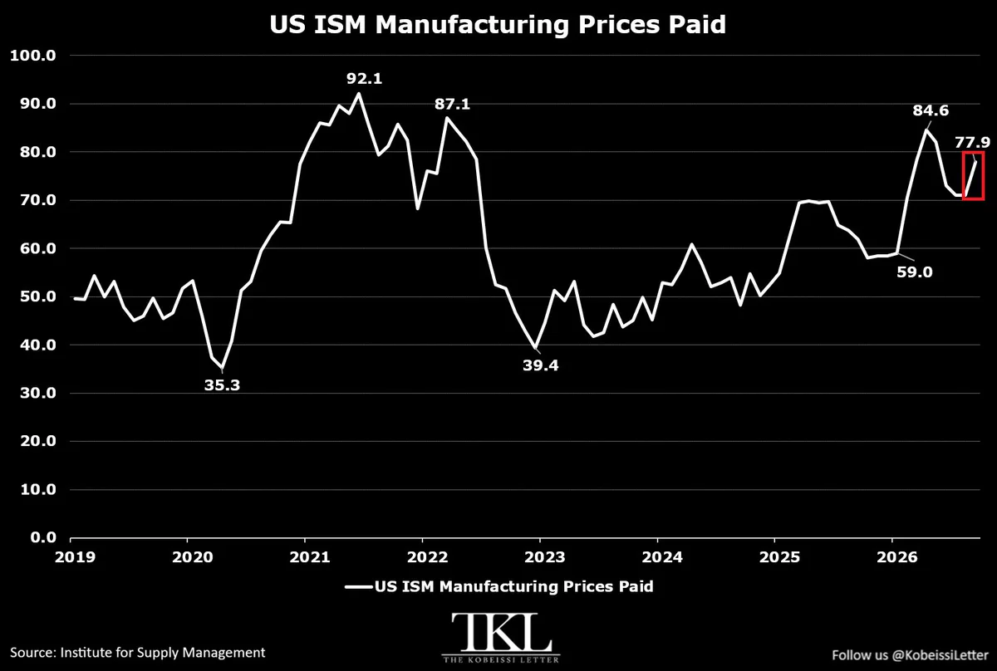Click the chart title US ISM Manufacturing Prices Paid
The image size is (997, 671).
pos(498,24)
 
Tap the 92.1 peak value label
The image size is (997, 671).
pos(365,79)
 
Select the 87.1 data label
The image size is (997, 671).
pos(452,104)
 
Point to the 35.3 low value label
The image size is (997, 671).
pos(222,385)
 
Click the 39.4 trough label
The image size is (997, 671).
pos(540,365)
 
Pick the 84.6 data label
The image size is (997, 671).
pos(931,110)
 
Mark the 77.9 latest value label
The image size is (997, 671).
pos(973,142)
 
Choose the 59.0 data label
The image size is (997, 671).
pos(914,272)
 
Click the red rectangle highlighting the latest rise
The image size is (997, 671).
pos(963,176)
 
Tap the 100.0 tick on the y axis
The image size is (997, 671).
pos(33,56)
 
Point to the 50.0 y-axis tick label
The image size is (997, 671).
pos(38,296)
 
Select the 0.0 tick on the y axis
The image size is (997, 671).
pos(43,537)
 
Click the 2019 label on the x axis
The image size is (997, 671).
pos(76,557)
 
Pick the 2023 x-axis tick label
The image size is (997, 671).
pos(545,557)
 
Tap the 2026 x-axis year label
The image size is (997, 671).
pos(896,557)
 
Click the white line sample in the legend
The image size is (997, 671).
pos(359,587)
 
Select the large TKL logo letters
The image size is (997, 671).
pos(501,632)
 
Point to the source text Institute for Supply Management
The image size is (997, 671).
pos(163,653)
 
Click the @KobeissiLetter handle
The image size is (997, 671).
pos(940,655)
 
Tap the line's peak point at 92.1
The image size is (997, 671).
pos(359,94)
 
